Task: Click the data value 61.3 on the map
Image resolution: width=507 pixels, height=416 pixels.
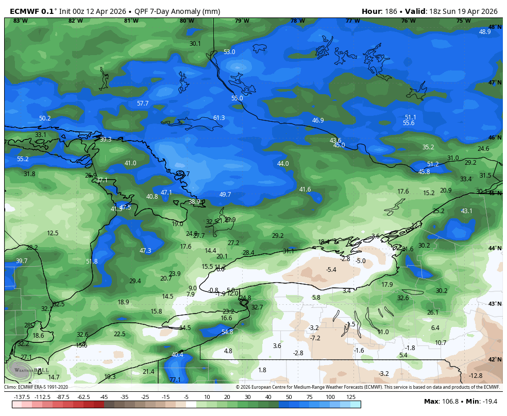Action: (x=219, y=118)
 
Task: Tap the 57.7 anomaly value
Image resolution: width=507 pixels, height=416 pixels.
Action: (x=143, y=103)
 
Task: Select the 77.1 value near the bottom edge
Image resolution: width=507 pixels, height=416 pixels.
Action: (x=175, y=380)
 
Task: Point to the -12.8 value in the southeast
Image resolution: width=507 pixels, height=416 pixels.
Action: (x=476, y=375)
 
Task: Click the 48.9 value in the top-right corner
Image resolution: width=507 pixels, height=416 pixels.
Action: (x=485, y=31)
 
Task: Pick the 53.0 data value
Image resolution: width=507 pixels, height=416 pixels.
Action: (x=229, y=52)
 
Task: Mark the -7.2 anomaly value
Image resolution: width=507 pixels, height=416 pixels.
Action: (x=315, y=338)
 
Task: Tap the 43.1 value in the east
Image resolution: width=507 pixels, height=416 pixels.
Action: (x=466, y=211)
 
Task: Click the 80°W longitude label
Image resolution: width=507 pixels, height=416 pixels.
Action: (x=187, y=21)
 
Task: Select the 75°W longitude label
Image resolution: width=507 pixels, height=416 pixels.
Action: (x=463, y=21)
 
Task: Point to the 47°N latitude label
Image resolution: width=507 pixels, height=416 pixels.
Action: (x=495, y=82)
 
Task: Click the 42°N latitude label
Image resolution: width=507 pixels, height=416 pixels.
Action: (x=495, y=359)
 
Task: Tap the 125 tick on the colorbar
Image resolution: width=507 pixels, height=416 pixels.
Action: (x=350, y=397)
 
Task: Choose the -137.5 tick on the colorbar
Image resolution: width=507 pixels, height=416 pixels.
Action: (x=22, y=397)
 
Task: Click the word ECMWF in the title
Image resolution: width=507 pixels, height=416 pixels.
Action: (x=24, y=11)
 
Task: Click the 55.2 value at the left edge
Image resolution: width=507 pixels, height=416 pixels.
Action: (x=23, y=159)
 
